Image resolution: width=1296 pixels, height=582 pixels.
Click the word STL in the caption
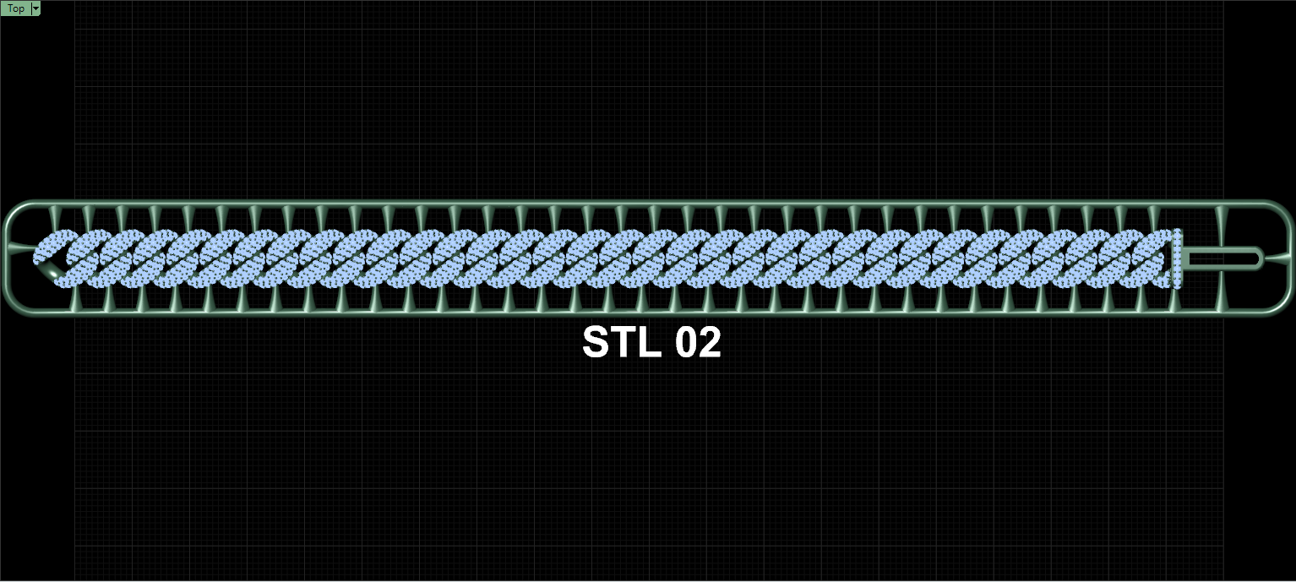click(621, 342)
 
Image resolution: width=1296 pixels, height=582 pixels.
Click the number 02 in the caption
click(699, 342)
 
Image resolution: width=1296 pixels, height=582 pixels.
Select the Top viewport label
click(15, 8)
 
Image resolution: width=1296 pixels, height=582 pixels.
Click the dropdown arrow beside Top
click(35, 8)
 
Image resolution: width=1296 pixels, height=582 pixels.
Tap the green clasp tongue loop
click(1223, 258)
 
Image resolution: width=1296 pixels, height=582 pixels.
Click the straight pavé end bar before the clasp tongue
click(1177, 258)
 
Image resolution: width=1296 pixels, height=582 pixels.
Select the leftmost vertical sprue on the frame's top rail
click(54, 218)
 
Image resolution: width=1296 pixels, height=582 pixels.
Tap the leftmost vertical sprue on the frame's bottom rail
click(75, 298)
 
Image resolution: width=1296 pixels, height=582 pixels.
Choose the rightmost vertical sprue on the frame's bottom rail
click(1222, 288)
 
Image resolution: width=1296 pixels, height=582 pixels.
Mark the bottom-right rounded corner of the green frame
click(1282, 306)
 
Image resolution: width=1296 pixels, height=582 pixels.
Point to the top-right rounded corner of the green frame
click(1282, 209)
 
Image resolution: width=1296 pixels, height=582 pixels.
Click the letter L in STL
click(649, 342)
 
